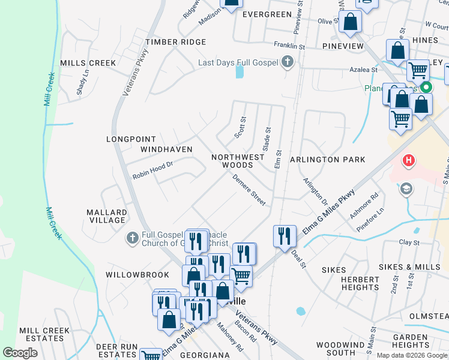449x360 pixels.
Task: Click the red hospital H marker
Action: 409,161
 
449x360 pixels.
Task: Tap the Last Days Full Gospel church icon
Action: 288,62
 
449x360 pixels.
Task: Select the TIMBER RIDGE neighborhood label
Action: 175,42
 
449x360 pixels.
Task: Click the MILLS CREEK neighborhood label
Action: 88,63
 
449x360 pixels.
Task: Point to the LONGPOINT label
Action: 131,139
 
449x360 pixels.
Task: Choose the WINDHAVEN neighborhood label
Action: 166,149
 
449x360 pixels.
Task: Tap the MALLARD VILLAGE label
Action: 107,216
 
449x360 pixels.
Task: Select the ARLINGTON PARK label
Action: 327,160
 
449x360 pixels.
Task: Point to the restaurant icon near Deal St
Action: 285,235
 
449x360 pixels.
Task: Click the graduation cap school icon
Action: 406,189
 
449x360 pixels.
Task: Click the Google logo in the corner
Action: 20,353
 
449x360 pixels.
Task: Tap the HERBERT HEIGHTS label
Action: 360,283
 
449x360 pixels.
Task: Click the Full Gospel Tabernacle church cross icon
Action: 132,239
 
